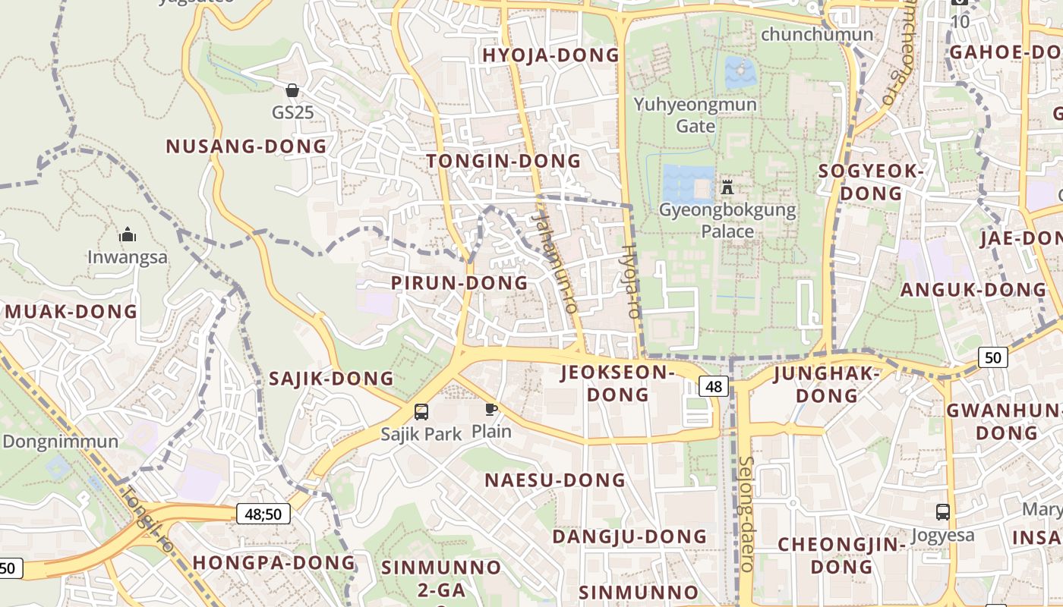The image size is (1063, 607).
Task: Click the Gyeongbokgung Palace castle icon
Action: coord(727,186)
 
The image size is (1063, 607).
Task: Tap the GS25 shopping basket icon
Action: coord(292,90)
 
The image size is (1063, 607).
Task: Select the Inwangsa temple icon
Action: coord(128,234)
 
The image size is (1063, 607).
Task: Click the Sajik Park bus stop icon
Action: coord(421,412)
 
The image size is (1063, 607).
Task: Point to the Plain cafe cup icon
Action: coord(491,410)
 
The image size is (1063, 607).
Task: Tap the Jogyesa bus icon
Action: coord(942,512)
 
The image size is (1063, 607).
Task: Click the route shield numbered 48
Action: coord(714,387)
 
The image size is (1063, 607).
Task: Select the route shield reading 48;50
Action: coord(263,514)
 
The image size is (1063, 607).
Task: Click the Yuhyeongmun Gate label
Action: coord(696,115)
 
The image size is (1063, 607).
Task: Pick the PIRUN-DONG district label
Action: coord(459,283)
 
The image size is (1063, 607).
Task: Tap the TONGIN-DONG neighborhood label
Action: coord(503,161)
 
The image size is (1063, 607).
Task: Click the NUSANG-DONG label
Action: coord(246,146)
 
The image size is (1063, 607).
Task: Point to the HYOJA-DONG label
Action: coord(551,55)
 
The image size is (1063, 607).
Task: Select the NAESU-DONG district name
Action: coord(555,480)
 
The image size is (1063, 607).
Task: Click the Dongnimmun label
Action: coord(61,442)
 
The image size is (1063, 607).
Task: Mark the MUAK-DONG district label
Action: coord(72,312)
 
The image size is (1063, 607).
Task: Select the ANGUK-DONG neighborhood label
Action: coord(973,290)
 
